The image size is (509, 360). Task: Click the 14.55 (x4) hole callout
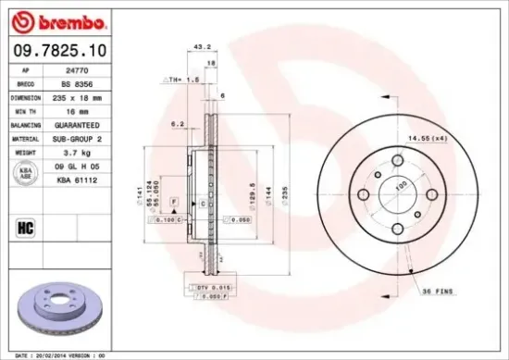(x=422, y=138)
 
